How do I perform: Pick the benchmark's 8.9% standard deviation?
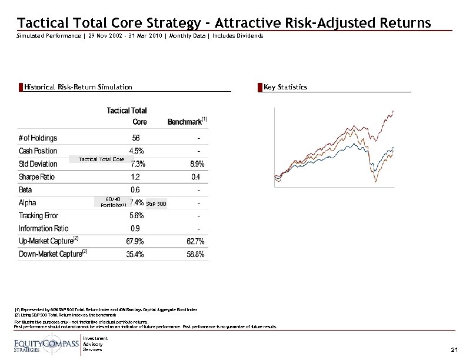(x=197, y=164)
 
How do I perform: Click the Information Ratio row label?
(x=44, y=228)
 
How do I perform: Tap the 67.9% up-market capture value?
(x=137, y=241)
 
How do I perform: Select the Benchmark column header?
(x=186, y=121)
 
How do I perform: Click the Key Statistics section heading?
(x=285, y=87)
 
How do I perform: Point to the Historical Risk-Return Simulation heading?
(x=78, y=87)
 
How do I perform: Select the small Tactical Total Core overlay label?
(x=101, y=159)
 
